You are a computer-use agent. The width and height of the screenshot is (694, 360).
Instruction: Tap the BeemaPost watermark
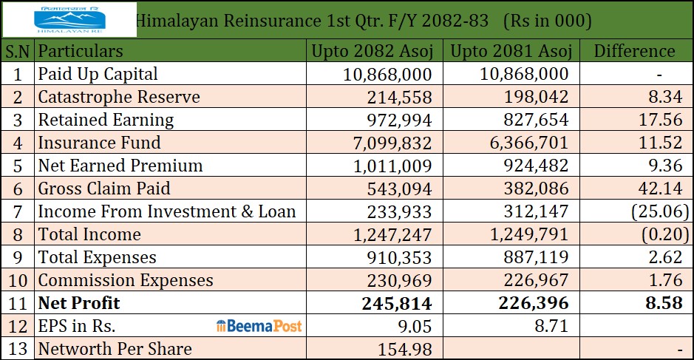(x=259, y=326)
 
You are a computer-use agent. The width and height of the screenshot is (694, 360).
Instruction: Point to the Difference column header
(x=634, y=51)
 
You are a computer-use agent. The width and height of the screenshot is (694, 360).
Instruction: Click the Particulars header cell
(x=81, y=51)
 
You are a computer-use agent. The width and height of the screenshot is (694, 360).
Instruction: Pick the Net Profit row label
(x=79, y=302)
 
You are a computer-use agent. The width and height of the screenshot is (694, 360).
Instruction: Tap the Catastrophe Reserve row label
(x=119, y=97)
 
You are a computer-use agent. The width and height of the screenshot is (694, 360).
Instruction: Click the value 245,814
(x=398, y=302)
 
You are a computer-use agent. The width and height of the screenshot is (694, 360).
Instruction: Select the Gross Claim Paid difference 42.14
(x=657, y=189)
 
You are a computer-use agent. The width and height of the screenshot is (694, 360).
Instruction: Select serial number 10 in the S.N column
(x=17, y=280)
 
